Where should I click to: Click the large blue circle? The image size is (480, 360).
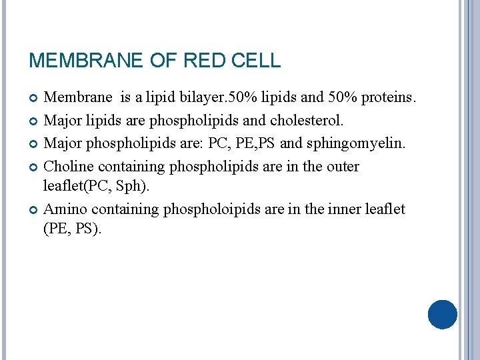(442, 314)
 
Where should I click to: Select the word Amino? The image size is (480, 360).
(65, 209)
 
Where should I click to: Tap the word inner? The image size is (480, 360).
(346, 209)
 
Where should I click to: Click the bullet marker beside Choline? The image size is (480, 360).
(34, 167)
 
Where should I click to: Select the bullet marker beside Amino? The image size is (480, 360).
(34, 209)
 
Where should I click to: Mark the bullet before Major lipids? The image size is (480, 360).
(34, 121)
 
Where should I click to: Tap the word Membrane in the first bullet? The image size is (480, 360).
(78, 98)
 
